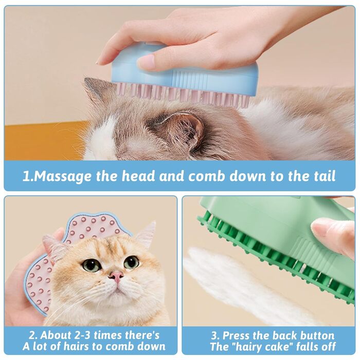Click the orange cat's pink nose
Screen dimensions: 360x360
pyautogui.click(x=116, y=276)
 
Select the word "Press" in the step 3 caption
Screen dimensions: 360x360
pyautogui.click(x=236, y=336)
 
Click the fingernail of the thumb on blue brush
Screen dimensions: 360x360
pyautogui.click(x=146, y=62)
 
